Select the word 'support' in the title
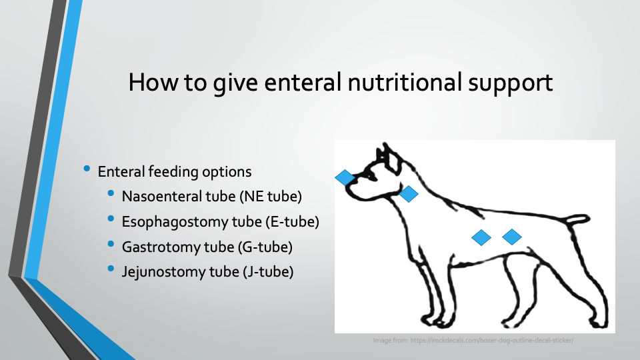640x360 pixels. pyautogui.click(x=510, y=85)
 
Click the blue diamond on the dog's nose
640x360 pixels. pyautogui.click(x=345, y=177)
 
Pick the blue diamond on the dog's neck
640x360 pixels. pyautogui.click(x=409, y=194)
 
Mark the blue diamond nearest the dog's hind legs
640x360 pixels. pyautogui.click(x=512, y=237)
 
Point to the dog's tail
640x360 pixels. pyautogui.click(x=576, y=219)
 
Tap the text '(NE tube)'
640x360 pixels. pyautogui.click(x=271, y=197)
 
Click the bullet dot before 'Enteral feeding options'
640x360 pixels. pyautogui.click(x=87, y=168)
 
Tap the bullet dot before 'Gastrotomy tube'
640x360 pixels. pyautogui.click(x=111, y=244)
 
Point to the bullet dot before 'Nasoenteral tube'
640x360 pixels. pyautogui.click(x=111, y=193)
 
